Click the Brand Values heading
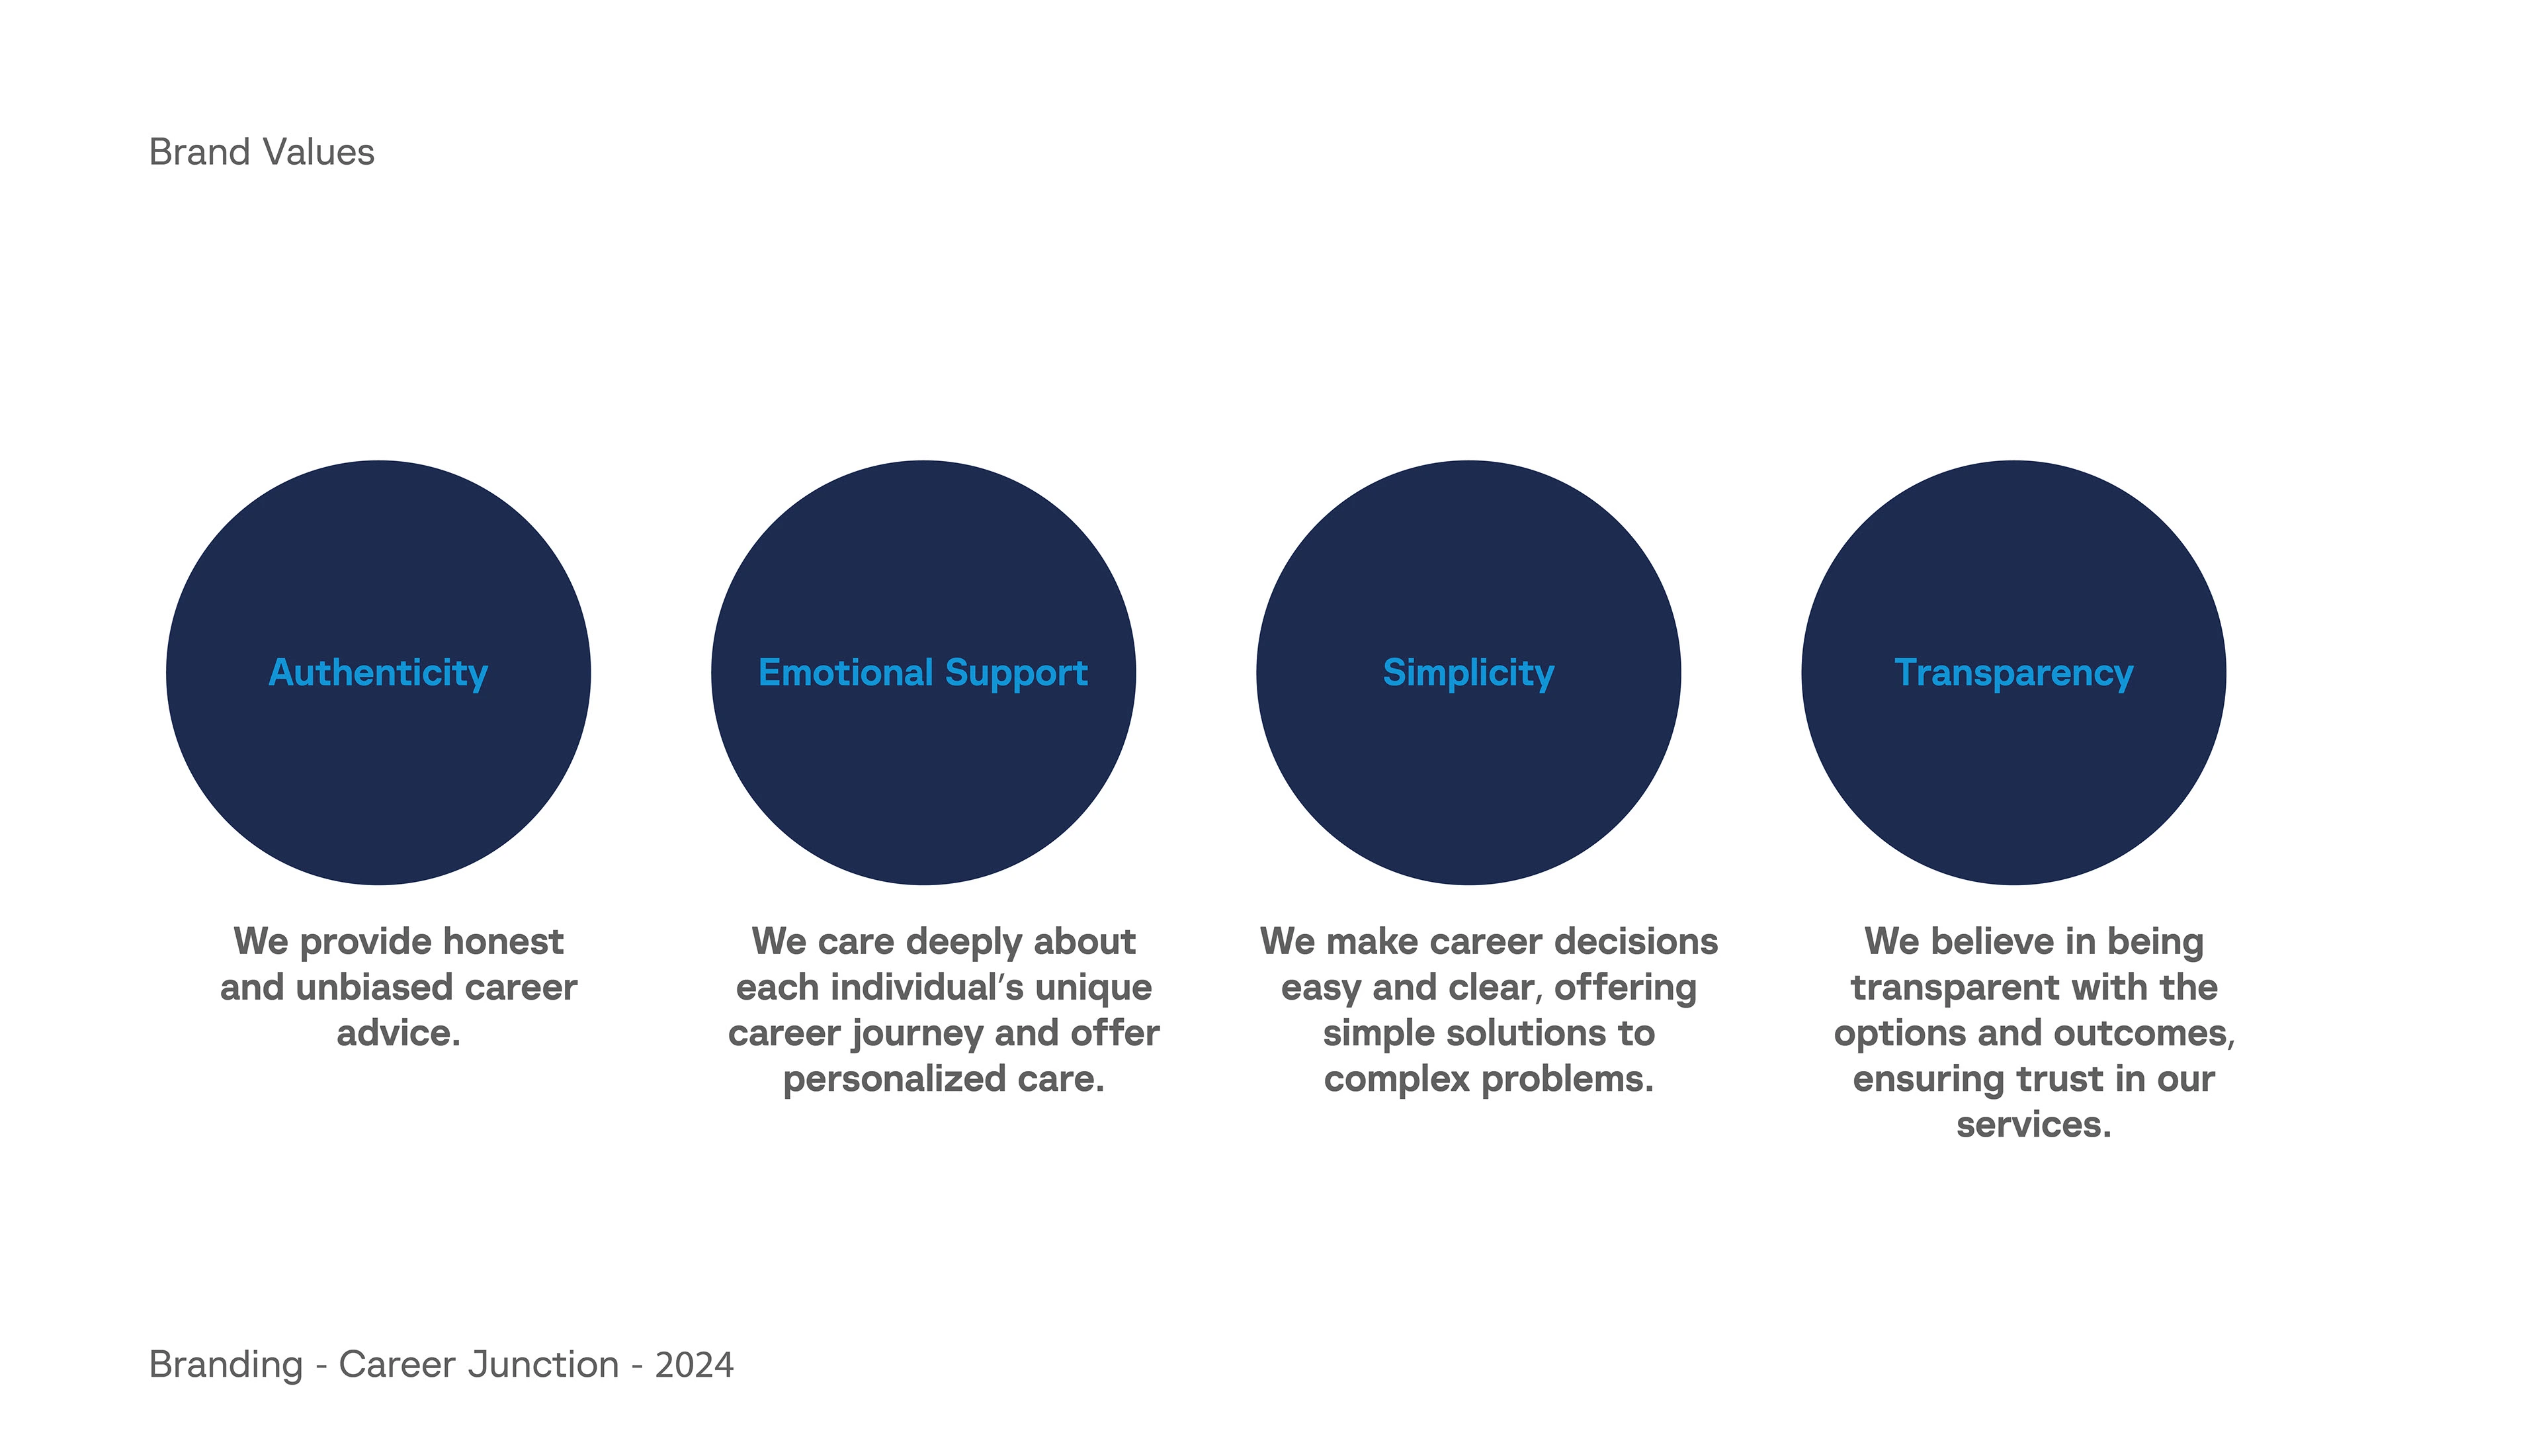pos(261,153)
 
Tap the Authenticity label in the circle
pos(378,673)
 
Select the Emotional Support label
pos(923,673)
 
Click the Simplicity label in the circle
pos(1468,673)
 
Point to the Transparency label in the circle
pos(2013,673)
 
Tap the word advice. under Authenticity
pos(398,1033)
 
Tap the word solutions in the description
pos(1527,1033)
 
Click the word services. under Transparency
pos(2034,1125)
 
